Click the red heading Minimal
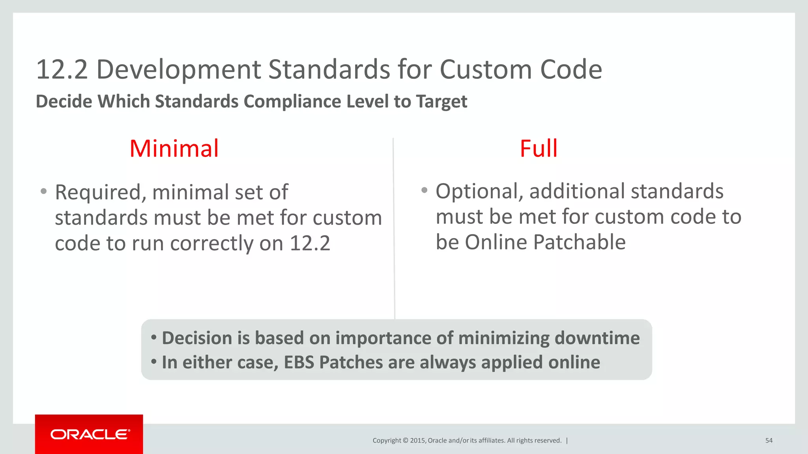(174, 149)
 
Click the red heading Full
(539, 149)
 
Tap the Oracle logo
(90, 434)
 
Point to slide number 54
(769, 441)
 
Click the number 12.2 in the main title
(62, 70)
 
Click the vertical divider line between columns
(394, 236)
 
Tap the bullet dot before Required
(43, 192)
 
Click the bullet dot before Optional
(424, 190)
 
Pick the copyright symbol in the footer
(405, 441)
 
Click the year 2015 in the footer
(417, 441)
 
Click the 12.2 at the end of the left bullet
(310, 243)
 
